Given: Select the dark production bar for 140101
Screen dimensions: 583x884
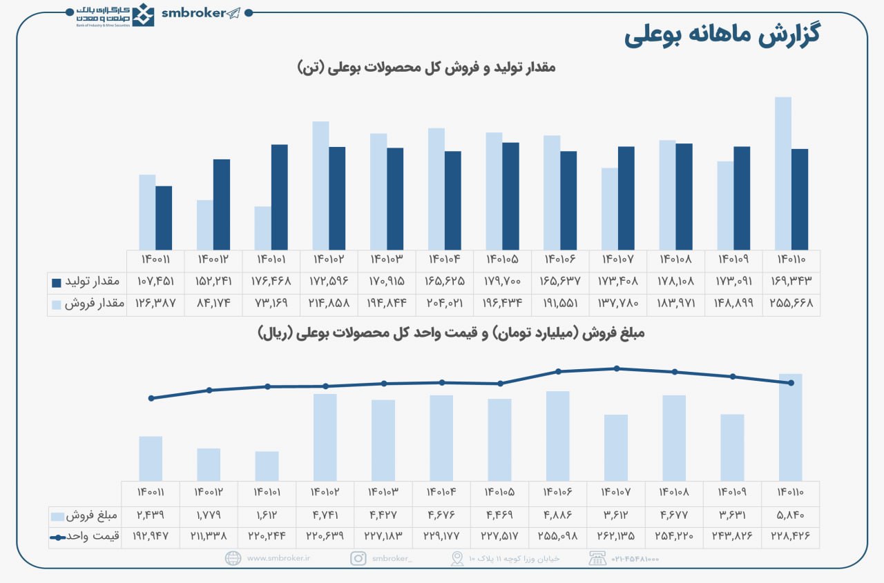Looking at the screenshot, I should (279, 197).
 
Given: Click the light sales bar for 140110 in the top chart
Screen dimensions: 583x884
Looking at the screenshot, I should (783, 173).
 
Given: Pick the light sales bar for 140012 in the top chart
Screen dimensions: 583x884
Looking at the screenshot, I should (205, 225).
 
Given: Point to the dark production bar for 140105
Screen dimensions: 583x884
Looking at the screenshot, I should (510, 196).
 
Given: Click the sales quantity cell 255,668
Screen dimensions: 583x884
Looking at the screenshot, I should (791, 303).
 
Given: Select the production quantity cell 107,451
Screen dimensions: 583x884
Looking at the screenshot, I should (155, 281).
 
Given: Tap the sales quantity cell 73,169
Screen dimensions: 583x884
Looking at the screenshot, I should (271, 303).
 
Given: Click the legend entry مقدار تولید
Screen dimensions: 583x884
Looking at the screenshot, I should (87, 281).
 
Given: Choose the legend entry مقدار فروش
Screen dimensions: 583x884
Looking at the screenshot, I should (87, 304).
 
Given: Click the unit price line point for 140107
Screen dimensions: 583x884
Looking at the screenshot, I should (616, 368).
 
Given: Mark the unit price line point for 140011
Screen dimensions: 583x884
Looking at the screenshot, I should (151, 398).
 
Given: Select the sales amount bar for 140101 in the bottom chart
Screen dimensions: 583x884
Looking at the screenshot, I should (267, 466).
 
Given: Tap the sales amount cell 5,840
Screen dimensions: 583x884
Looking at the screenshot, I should (791, 515).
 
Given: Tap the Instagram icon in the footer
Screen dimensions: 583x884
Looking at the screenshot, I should (358, 559).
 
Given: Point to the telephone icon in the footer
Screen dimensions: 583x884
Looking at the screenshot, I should (597, 559).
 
